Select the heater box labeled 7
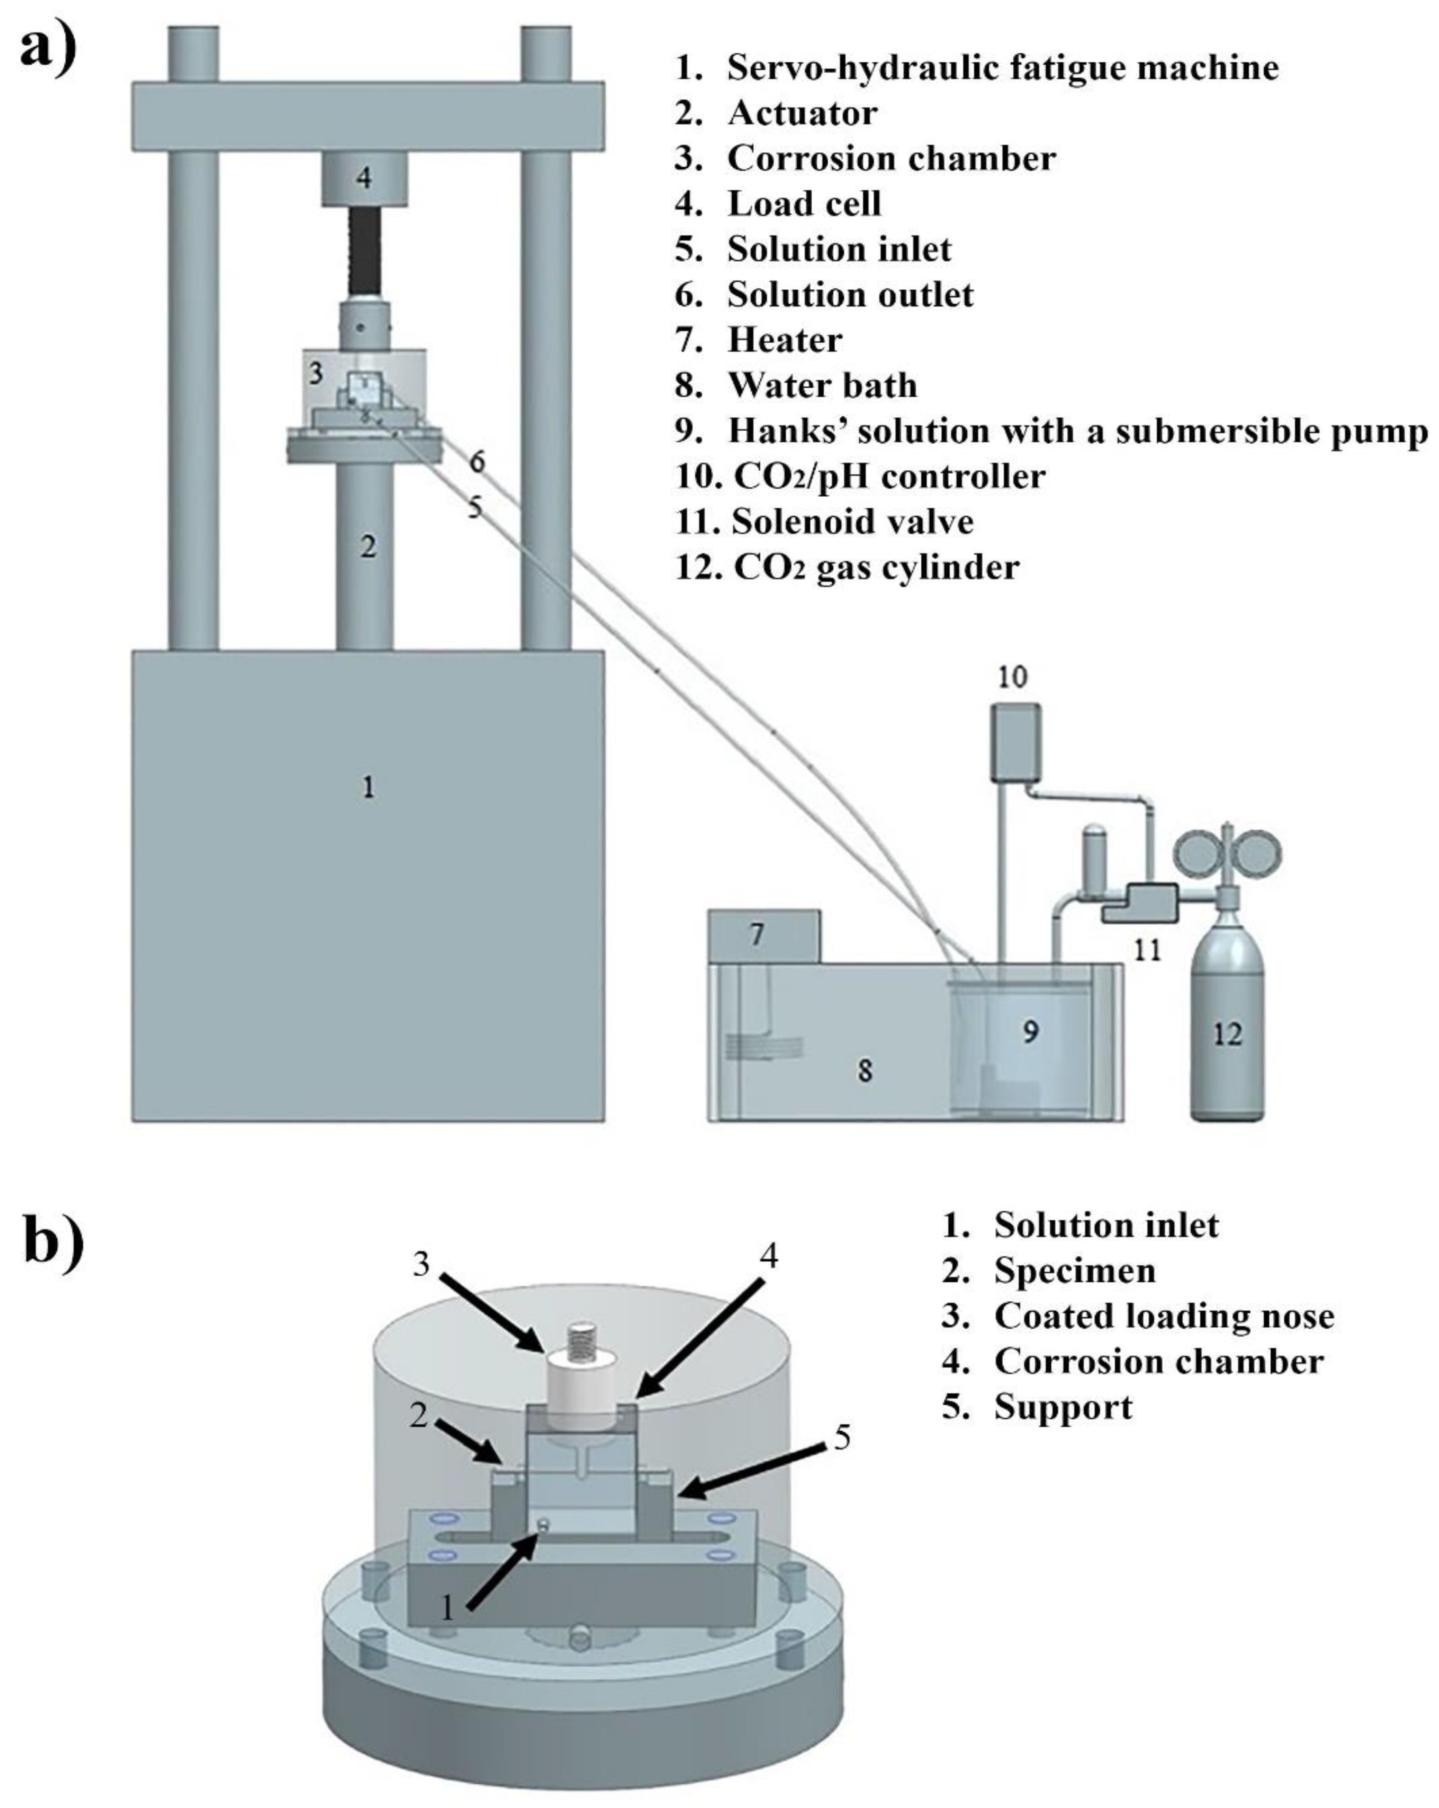pyautogui.click(x=763, y=935)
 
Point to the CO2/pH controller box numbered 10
pyautogui.click(x=1015, y=741)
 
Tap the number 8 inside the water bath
pyautogui.click(x=865, y=1070)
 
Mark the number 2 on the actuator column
pyautogui.click(x=367, y=548)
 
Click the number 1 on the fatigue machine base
pyautogui.click(x=367, y=787)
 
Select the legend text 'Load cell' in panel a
pyautogui.click(x=803, y=204)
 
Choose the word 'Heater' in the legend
pyautogui.click(x=784, y=339)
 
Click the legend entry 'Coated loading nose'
pyautogui.click(x=1163, y=1316)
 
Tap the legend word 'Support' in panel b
pyautogui.click(x=1063, y=1406)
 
